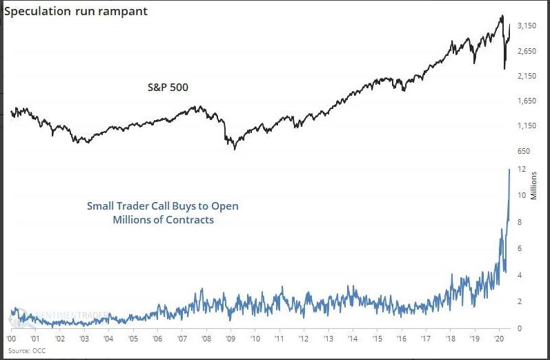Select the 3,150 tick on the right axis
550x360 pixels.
pyautogui.click(x=527, y=26)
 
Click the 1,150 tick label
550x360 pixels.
pyautogui.click(x=527, y=126)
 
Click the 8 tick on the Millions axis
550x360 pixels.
pyautogui.click(x=524, y=222)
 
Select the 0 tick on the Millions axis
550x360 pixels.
pyautogui.click(x=524, y=328)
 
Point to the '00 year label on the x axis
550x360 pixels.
pyautogui.click(x=12, y=340)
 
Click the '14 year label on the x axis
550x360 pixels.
pyautogui.click(x=353, y=340)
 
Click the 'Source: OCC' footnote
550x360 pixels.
pyautogui.click(x=24, y=351)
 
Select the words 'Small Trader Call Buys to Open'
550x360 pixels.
pyautogui.click(x=162, y=206)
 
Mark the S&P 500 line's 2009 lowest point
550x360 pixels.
pyautogui.click(x=234, y=148)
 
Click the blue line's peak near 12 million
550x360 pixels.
pyautogui.click(x=509, y=169)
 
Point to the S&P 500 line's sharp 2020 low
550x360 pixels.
pyautogui.click(x=504, y=68)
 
